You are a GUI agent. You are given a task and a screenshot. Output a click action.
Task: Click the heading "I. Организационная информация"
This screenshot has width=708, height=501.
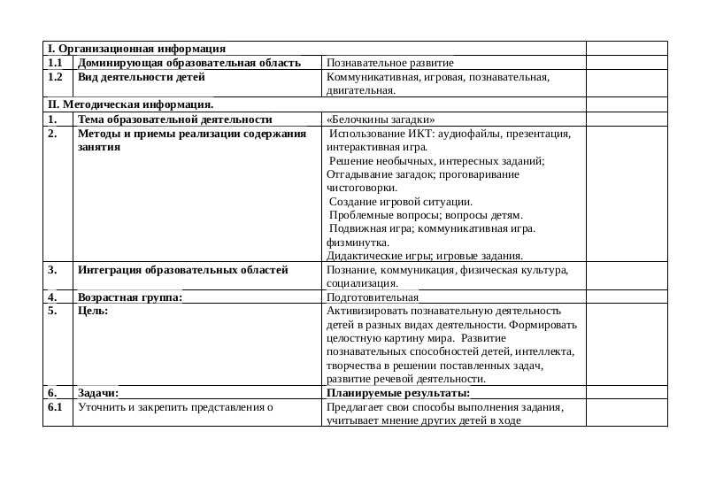click(135, 49)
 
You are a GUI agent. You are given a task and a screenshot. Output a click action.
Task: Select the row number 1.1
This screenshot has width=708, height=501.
click(55, 64)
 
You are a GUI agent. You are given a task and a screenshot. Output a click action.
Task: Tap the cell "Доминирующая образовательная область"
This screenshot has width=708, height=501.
click(189, 64)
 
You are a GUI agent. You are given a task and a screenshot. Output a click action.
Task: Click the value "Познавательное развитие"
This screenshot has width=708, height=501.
click(389, 64)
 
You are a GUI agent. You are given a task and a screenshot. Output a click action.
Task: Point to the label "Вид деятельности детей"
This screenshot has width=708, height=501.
click(141, 77)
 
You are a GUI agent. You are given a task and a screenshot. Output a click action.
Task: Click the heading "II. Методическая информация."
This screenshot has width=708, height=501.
click(130, 104)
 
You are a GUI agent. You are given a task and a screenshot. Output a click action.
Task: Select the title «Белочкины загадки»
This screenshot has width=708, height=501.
click(381, 119)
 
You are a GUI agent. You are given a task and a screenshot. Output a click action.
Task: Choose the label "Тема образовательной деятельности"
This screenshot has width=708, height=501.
click(174, 119)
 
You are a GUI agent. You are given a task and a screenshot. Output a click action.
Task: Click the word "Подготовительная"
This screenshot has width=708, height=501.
click(372, 297)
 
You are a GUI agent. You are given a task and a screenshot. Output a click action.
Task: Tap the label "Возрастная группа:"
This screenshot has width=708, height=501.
click(129, 297)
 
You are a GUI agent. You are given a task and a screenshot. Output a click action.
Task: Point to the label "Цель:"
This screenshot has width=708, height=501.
click(93, 312)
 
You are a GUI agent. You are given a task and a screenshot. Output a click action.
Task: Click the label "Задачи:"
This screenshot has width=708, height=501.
click(97, 393)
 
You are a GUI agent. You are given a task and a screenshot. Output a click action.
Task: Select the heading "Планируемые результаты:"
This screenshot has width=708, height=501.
click(397, 393)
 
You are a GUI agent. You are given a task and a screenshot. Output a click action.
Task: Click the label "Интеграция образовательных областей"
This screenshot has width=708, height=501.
click(182, 270)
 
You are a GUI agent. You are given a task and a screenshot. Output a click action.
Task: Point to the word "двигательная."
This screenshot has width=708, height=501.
click(360, 90)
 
